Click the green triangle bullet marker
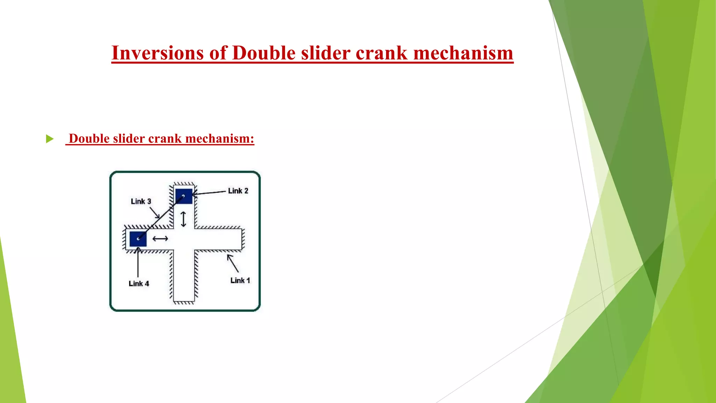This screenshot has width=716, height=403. point(50,139)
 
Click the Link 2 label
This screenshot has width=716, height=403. point(238,191)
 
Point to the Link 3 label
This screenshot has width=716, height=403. point(141,201)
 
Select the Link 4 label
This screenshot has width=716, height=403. point(139,283)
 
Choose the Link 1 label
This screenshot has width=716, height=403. point(240,280)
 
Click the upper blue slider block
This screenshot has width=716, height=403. point(184,196)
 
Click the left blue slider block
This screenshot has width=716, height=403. point(138,239)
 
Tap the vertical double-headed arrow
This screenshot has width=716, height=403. point(183,219)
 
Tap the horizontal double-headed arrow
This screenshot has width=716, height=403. point(160,239)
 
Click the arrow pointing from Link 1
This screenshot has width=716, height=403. point(233,263)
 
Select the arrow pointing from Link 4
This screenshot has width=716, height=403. point(138,262)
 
